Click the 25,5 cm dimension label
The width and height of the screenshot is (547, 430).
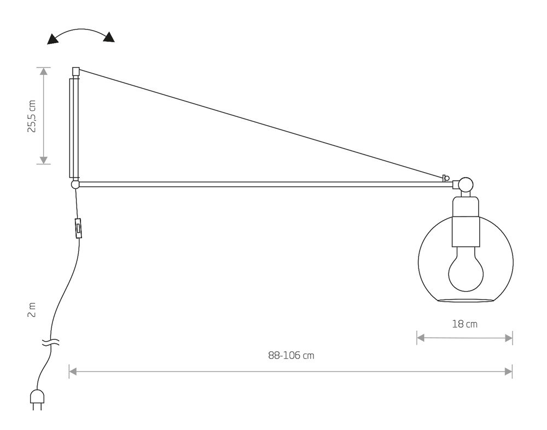click(32, 116)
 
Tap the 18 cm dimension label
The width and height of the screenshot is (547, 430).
click(464, 324)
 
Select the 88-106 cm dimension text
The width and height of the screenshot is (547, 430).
click(291, 356)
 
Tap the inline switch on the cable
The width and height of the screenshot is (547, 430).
click(79, 228)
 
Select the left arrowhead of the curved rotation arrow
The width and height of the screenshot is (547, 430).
click(53, 39)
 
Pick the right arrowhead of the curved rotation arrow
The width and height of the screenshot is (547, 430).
click(109, 37)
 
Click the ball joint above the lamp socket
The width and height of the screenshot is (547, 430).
click(465, 184)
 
